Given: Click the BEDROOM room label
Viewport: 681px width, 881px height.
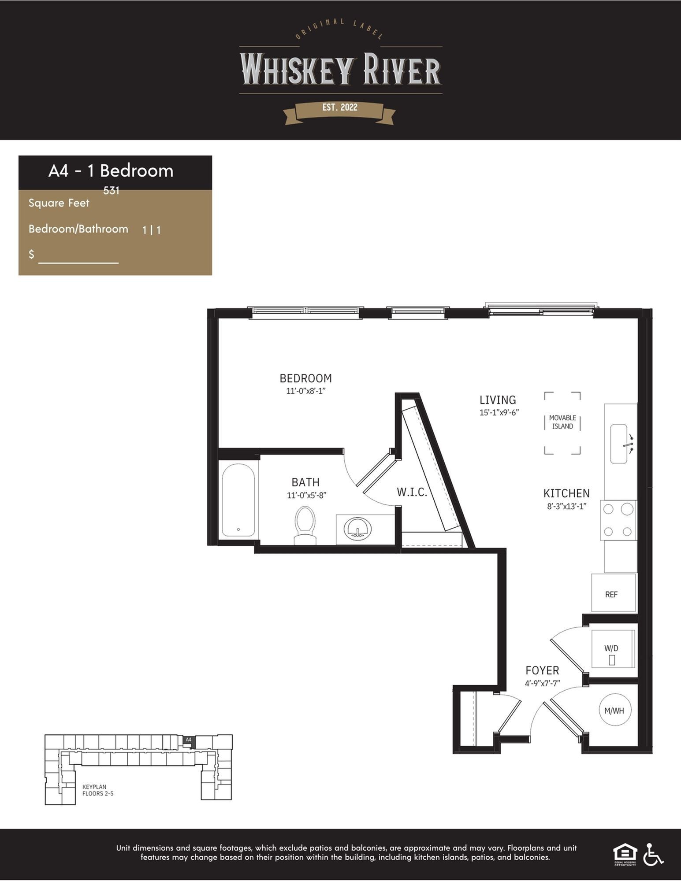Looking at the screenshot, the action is pos(305,378).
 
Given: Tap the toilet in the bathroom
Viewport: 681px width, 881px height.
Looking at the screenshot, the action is pos(305,525).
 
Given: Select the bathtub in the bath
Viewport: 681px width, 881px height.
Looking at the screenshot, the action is pos(238,500).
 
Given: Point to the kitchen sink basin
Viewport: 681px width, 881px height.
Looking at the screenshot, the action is pos(618,444).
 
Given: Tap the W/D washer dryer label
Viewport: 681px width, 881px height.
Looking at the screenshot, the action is pos(611,648).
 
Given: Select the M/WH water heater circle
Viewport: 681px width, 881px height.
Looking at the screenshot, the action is pos(615,710).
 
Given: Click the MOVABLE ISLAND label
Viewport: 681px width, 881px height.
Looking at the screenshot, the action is pos(562,422).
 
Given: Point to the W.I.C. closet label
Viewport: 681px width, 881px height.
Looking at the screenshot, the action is pos(412,492).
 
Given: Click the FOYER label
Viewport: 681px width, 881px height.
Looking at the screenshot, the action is pos(542,670).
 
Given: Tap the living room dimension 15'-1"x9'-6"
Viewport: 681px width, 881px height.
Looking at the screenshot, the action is pos(499,413).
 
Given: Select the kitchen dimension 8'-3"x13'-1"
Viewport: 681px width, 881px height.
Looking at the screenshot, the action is pos(567,507).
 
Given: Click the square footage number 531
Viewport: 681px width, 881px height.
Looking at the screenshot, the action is pos(112,191).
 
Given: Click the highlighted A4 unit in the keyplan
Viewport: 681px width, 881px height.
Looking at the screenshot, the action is pos(189,740).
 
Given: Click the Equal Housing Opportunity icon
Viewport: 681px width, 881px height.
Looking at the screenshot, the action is pos(625,855).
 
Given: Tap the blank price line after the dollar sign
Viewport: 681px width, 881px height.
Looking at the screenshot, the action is pos(78,263).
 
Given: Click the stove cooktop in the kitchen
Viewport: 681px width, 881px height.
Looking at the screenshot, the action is pos(618,520).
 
